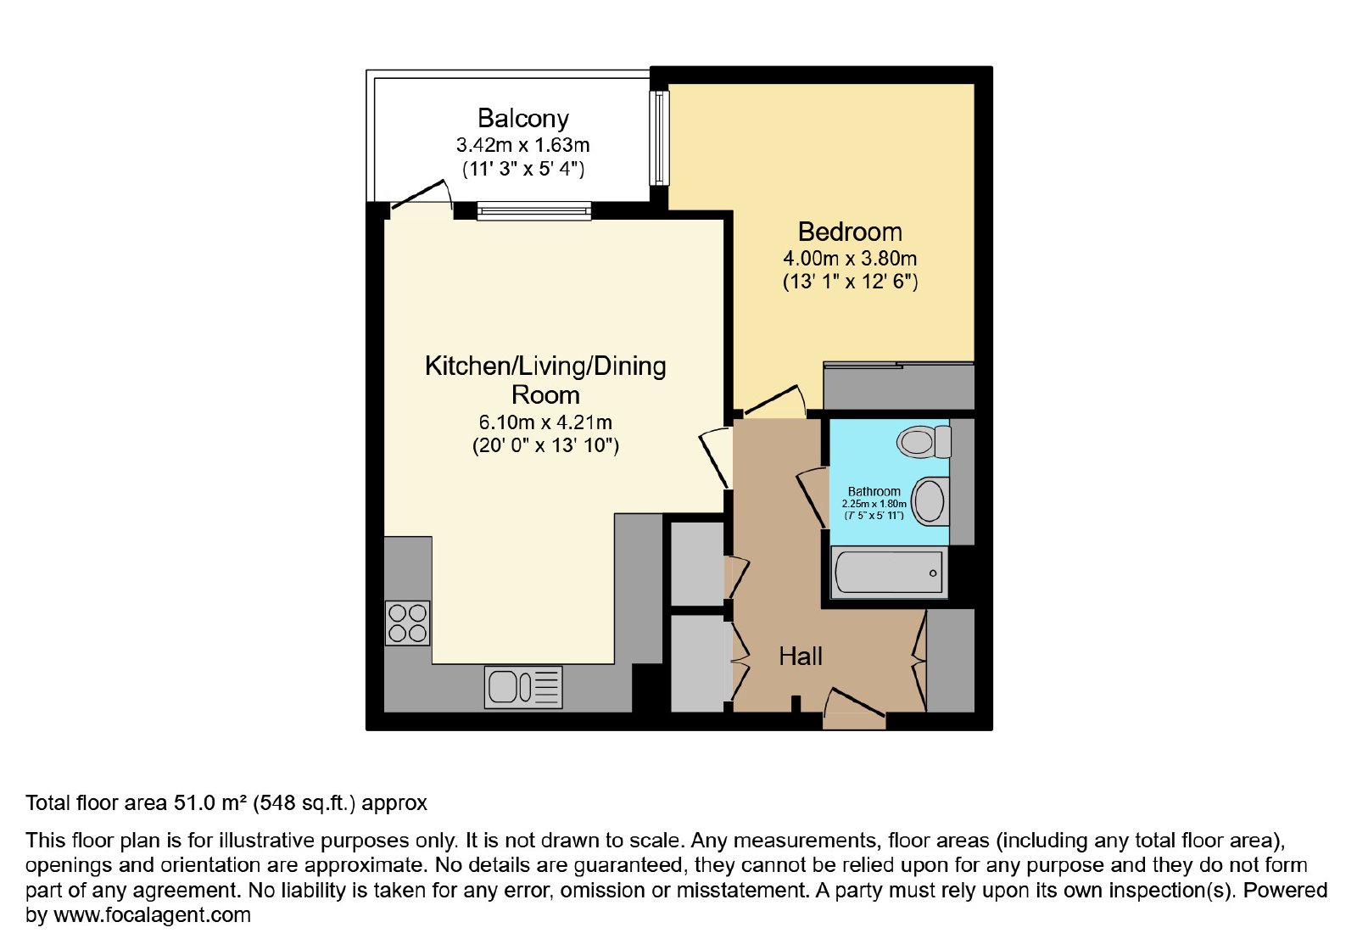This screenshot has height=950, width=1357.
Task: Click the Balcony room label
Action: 522,119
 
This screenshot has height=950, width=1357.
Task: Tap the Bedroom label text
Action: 850,232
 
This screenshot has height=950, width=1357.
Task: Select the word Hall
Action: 801,657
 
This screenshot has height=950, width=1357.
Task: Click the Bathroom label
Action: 874,491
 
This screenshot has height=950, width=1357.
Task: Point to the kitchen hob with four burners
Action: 407,623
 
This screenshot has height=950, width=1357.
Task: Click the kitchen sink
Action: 523,687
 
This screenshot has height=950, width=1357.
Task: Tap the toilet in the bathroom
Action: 924,442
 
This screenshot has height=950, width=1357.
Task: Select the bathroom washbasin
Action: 930,501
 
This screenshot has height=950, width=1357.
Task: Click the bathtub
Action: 889,573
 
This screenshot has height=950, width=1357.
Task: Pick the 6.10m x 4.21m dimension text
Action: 545,422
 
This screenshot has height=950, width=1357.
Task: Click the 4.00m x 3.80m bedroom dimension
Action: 850,259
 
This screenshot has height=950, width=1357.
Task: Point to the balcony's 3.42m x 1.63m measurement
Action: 522,145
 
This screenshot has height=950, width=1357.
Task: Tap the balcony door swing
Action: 422,195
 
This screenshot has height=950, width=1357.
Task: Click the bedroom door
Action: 775,400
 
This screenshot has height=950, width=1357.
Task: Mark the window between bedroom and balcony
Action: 660,138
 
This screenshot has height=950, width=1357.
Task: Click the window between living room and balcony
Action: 533,211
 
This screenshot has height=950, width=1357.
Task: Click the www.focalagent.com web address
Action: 152,914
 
